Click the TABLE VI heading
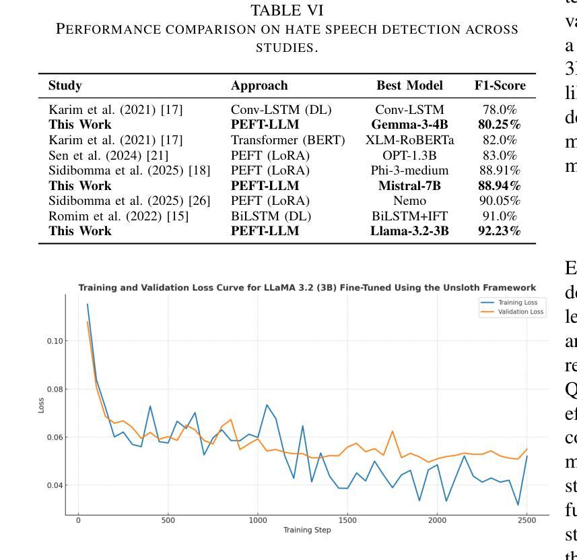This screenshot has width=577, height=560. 278,10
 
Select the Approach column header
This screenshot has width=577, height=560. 259,86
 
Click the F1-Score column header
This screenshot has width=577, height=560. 500,86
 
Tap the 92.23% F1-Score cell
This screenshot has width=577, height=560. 500,232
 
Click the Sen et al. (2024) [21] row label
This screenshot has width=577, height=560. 99,156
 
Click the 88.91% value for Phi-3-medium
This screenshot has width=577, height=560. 500,171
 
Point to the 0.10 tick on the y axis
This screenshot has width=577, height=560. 55,341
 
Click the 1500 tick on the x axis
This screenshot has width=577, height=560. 347,520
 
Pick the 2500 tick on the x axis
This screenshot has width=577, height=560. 527,520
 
